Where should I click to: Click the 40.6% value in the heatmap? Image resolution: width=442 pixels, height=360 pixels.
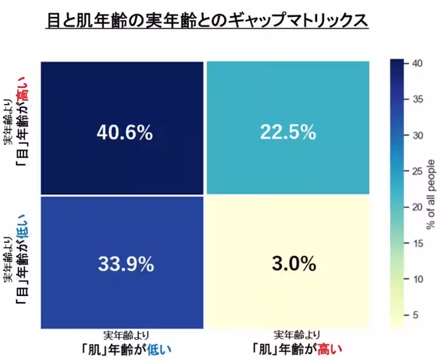[x=124, y=133]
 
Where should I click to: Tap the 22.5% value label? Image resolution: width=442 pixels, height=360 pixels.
[x=288, y=133]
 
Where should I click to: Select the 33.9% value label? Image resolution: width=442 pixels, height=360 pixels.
[x=126, y=264]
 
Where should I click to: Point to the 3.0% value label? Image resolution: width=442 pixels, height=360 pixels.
[x=293, y=264]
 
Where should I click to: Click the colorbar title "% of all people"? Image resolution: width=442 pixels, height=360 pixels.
[x=431, y=194]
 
